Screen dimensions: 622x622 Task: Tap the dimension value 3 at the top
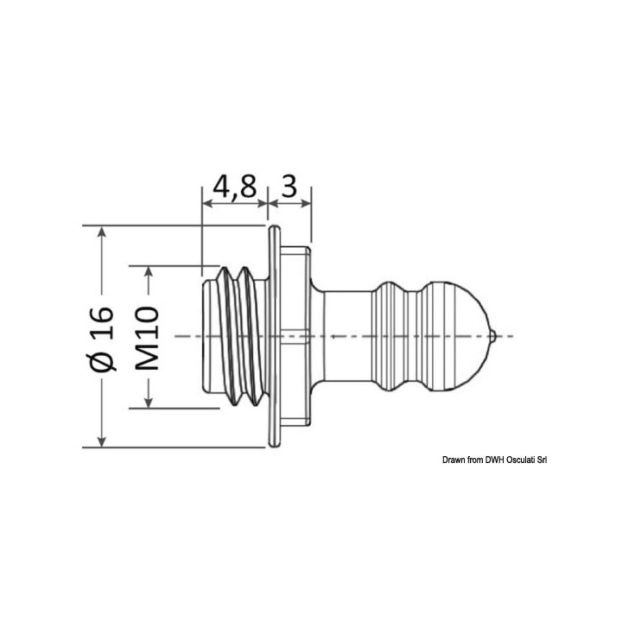click(x=289, y=187)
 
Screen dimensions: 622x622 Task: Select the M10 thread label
click(x=149, y=338)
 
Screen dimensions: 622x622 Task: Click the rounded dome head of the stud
click(x=462, y=335)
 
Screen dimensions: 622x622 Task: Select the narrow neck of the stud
click(x=346, y=335)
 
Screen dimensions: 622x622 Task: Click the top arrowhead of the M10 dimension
click(x=149, y=271)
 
